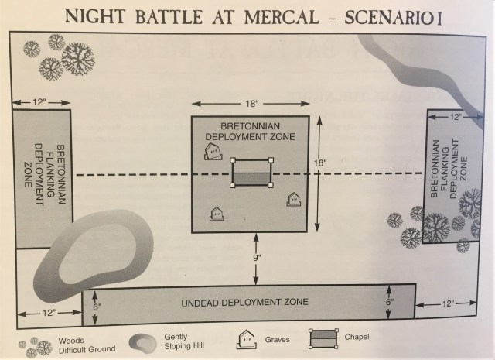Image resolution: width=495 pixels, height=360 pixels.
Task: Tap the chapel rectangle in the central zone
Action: click(251, 173)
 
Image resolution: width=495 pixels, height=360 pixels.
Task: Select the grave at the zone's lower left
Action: click(216, 214)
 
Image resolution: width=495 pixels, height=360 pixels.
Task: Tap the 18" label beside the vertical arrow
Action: click(322, 164)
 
